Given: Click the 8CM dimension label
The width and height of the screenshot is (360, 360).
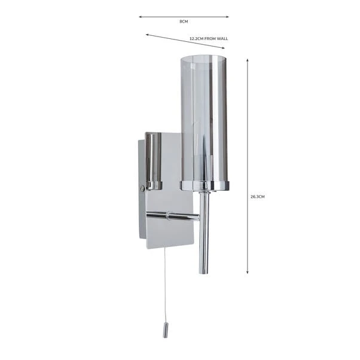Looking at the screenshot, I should (x=184, y=22).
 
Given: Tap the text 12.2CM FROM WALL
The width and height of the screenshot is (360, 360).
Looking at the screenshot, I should (x=208, y=38).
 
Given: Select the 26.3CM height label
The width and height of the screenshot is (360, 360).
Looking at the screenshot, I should (x=257, y=196).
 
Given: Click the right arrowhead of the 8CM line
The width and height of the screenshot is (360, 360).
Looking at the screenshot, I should (x=227, y=17).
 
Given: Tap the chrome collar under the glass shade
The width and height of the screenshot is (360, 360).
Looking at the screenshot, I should (x=204, y=185).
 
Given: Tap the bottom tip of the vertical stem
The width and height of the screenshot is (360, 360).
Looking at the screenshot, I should (x=204, y=271).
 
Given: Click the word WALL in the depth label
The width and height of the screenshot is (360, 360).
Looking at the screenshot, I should (x=222, y=38).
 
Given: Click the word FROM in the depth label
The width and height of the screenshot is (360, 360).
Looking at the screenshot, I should (x=209, y=38).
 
